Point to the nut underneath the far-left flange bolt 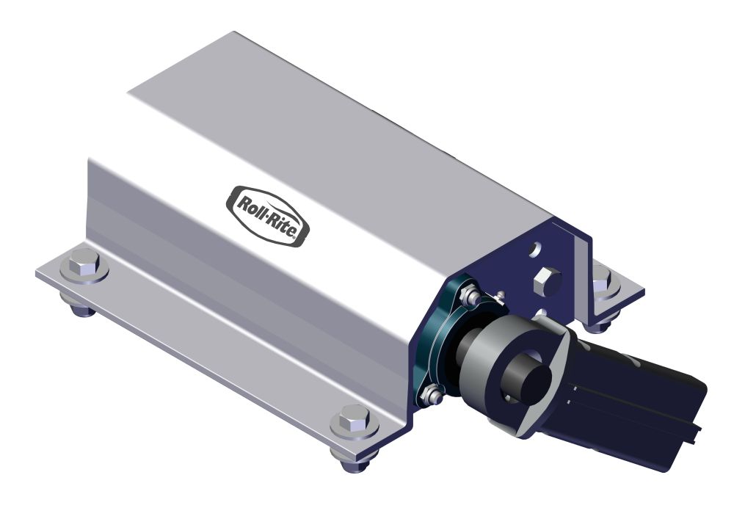[x=83, y=306]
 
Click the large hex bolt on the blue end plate [x=547, y=280]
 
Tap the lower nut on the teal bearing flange [x=433, y=396]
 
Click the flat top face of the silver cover [x=330, y=125]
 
